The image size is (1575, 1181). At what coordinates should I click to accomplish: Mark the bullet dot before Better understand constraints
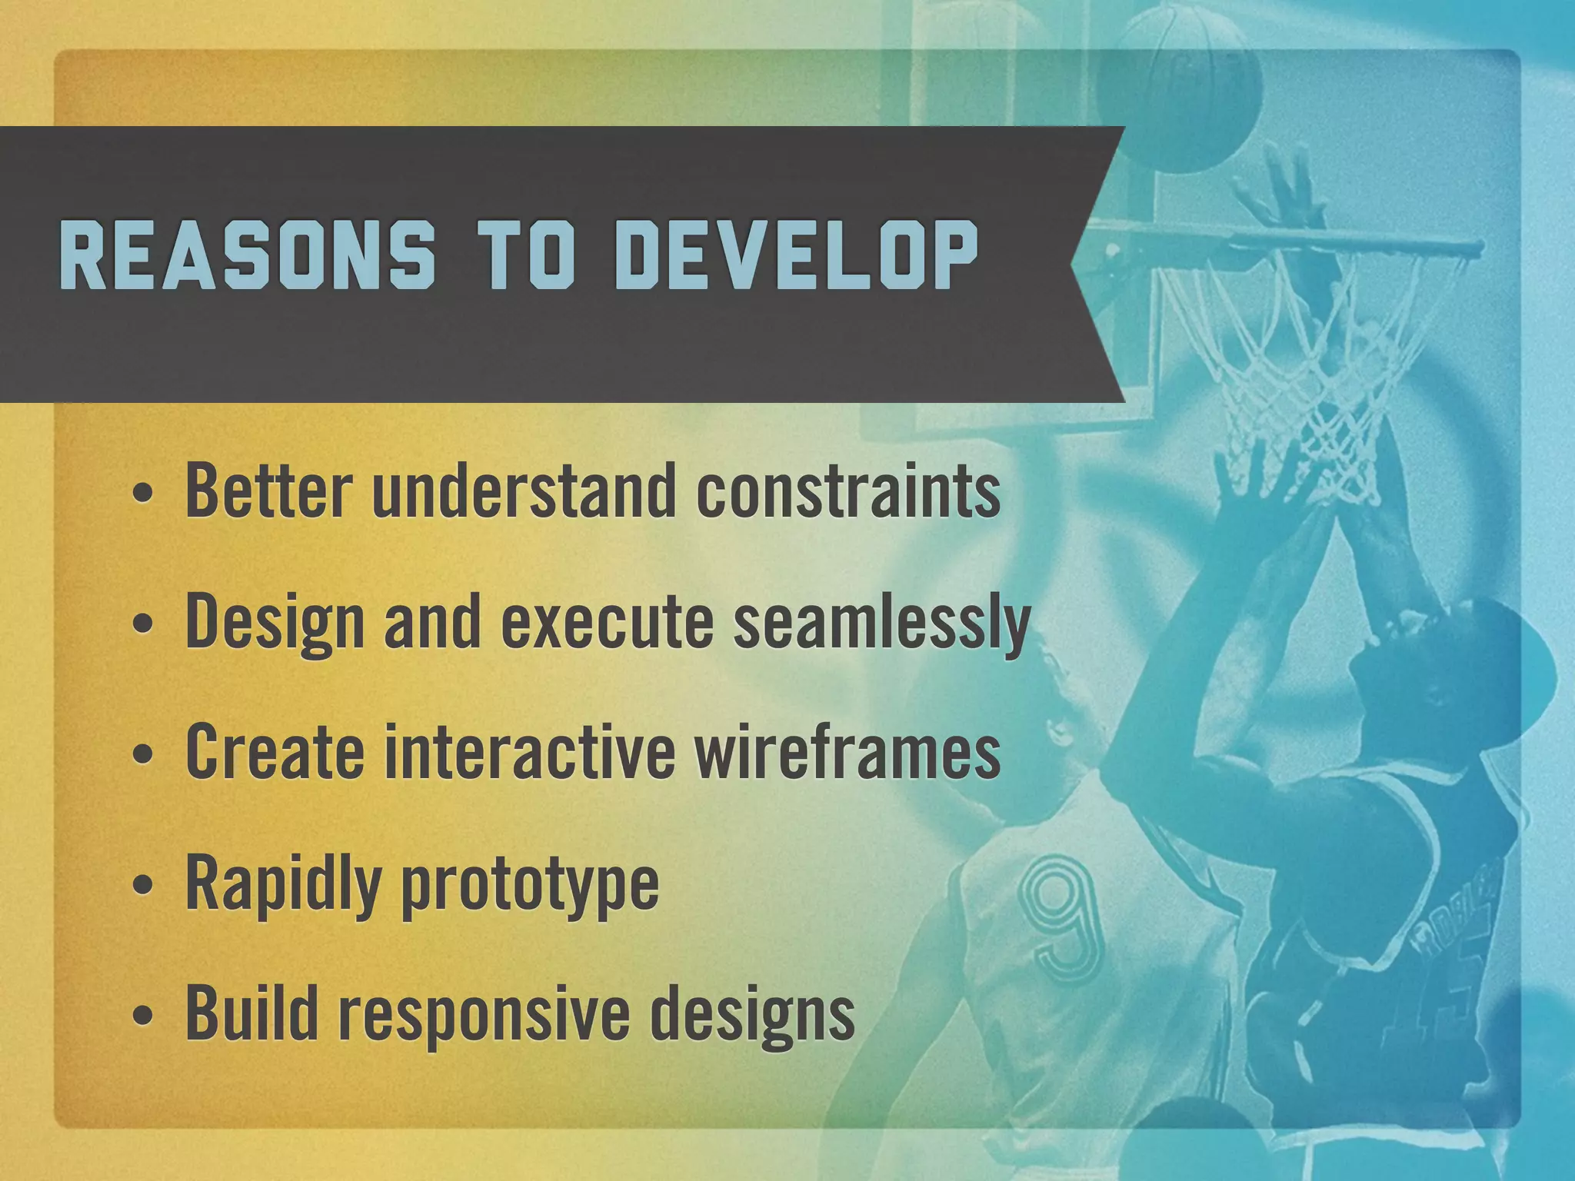(x=142, y=494)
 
